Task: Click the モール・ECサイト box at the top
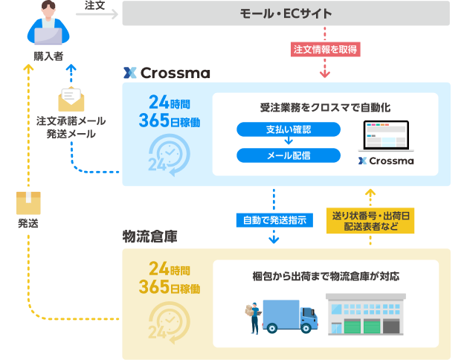[286, 13]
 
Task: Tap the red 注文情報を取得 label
[325, 50]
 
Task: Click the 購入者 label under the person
[47, 56]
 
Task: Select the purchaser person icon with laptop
[47, 24]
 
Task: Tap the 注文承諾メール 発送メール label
[71, 127]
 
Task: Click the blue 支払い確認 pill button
[288, 129]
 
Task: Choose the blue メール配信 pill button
[288, 155]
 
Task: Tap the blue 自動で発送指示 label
[274, 220]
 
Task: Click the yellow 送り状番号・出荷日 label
[370, 221]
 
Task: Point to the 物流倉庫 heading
[149, 237]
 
